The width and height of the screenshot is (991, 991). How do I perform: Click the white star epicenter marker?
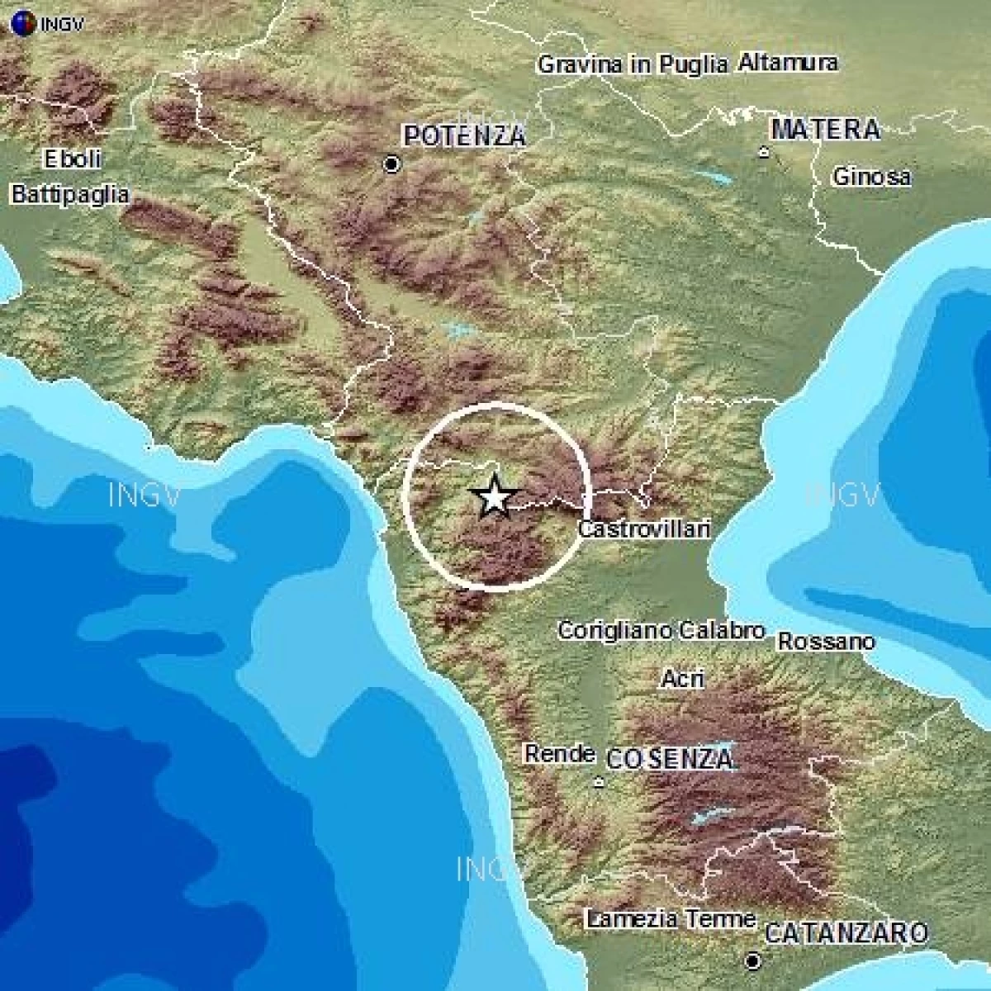pos(494,497)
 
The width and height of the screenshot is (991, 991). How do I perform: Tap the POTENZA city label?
pos(464,136)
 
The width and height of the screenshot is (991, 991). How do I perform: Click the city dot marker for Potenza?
pos(392,165)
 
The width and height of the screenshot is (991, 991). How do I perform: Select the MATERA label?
pos(825,130)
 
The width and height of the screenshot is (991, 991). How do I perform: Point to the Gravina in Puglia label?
pos(633,64)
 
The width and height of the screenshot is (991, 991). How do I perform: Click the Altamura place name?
pos(787,63)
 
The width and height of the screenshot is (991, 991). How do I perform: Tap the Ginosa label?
pos(871,177)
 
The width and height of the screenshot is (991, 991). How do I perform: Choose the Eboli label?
pos(73,159)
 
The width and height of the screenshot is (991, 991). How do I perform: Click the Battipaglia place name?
pos(70,195)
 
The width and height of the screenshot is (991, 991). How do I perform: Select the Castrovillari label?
pos(644,529)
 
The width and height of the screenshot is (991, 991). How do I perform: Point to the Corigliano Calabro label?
pos(661,631)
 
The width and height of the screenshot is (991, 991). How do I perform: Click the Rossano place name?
pos(826,642)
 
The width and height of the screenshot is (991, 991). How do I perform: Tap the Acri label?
pos(682,679)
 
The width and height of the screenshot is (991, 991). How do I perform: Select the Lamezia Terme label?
pos(671,919)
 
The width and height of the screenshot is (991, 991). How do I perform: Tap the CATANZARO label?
pos(846,934)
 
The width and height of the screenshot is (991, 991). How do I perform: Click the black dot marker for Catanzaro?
pos(752,961)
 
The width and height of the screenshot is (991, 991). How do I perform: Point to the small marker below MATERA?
pos(765,152)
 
